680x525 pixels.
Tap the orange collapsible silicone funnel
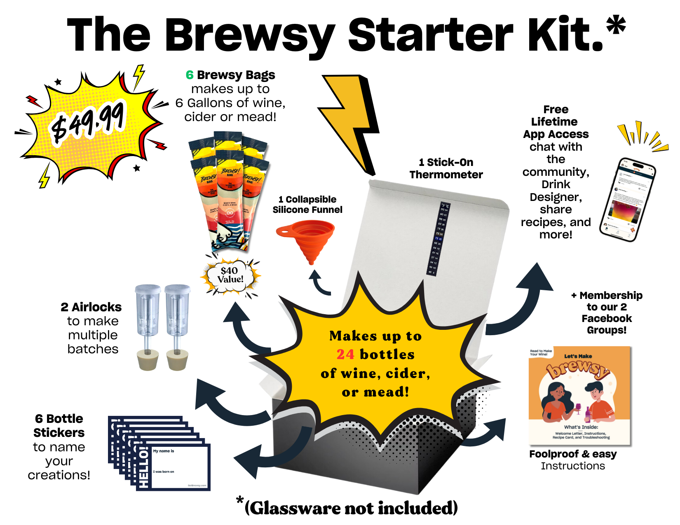pos(307,239)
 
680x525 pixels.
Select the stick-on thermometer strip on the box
pos(437,239)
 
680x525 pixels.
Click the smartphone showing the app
pos(627,200)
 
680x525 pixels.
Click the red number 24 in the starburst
pos(345,355)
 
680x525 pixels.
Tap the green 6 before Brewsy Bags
pos(190,75)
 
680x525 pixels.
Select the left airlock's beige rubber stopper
pos(148,359)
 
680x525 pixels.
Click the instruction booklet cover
pos(579,395)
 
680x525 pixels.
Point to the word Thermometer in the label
pos(446,175)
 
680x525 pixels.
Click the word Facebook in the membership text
pos(607,318)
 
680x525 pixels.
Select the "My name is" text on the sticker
pos(164,451)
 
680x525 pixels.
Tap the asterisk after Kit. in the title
pos(616,26)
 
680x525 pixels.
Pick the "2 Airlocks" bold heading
pos(91,307)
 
